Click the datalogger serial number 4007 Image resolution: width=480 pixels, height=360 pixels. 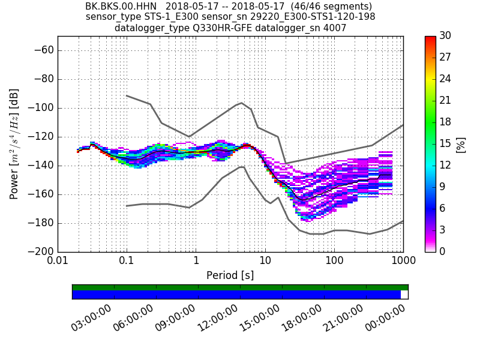point(336,28)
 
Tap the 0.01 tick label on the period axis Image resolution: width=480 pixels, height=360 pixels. point(58,262)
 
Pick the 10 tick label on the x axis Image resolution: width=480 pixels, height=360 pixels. point(265,262)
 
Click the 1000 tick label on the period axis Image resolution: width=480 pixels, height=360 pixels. point(403,262)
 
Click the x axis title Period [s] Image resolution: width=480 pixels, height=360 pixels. point(230,275)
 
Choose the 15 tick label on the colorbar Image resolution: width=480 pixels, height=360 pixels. point(445,144)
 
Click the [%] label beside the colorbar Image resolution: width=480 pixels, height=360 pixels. point(461,144)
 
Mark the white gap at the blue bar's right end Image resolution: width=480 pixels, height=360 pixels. point(404,295)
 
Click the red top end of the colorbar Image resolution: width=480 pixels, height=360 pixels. point(430,38)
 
